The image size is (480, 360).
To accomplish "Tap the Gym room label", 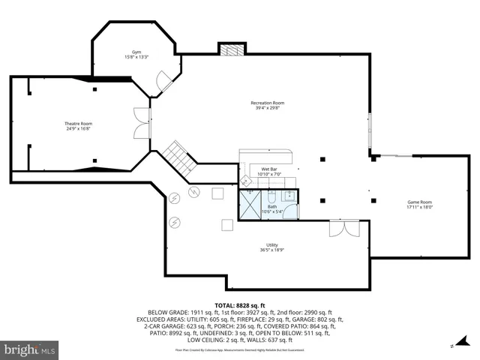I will (136, 52).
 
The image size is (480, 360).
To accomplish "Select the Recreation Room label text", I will (267, 103).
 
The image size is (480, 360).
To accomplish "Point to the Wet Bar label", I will (268, 169).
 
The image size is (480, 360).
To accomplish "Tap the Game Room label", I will (419, 202).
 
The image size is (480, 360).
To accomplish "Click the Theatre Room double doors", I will (141, 124).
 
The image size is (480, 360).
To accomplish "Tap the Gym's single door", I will (164, 82).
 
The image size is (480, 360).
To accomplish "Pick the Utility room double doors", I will (344, 228).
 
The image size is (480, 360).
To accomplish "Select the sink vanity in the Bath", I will (289, 197).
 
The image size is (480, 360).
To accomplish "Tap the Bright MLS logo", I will (30, 349).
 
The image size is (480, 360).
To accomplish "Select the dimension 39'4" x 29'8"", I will (267, 108).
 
